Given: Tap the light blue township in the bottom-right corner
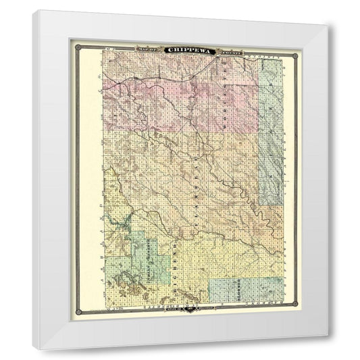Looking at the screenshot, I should [245, 290].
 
